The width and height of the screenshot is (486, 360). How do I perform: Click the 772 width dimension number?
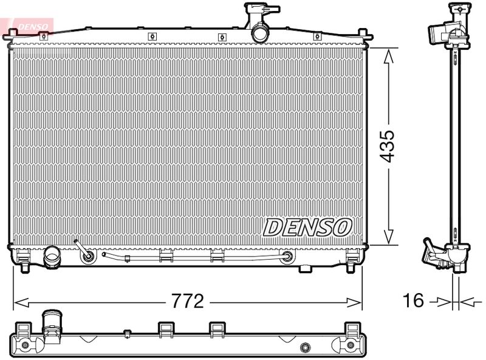(188, 301)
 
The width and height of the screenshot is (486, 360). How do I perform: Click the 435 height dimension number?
(388, 146)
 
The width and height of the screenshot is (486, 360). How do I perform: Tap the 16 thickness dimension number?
(413, 300)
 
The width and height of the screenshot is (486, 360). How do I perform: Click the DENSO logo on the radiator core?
(307, 227)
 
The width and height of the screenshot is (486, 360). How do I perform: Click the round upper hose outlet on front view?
(260, 33)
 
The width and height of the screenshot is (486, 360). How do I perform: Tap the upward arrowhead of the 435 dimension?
(388, 57)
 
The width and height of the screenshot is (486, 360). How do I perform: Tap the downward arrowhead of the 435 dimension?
(388, 237)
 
